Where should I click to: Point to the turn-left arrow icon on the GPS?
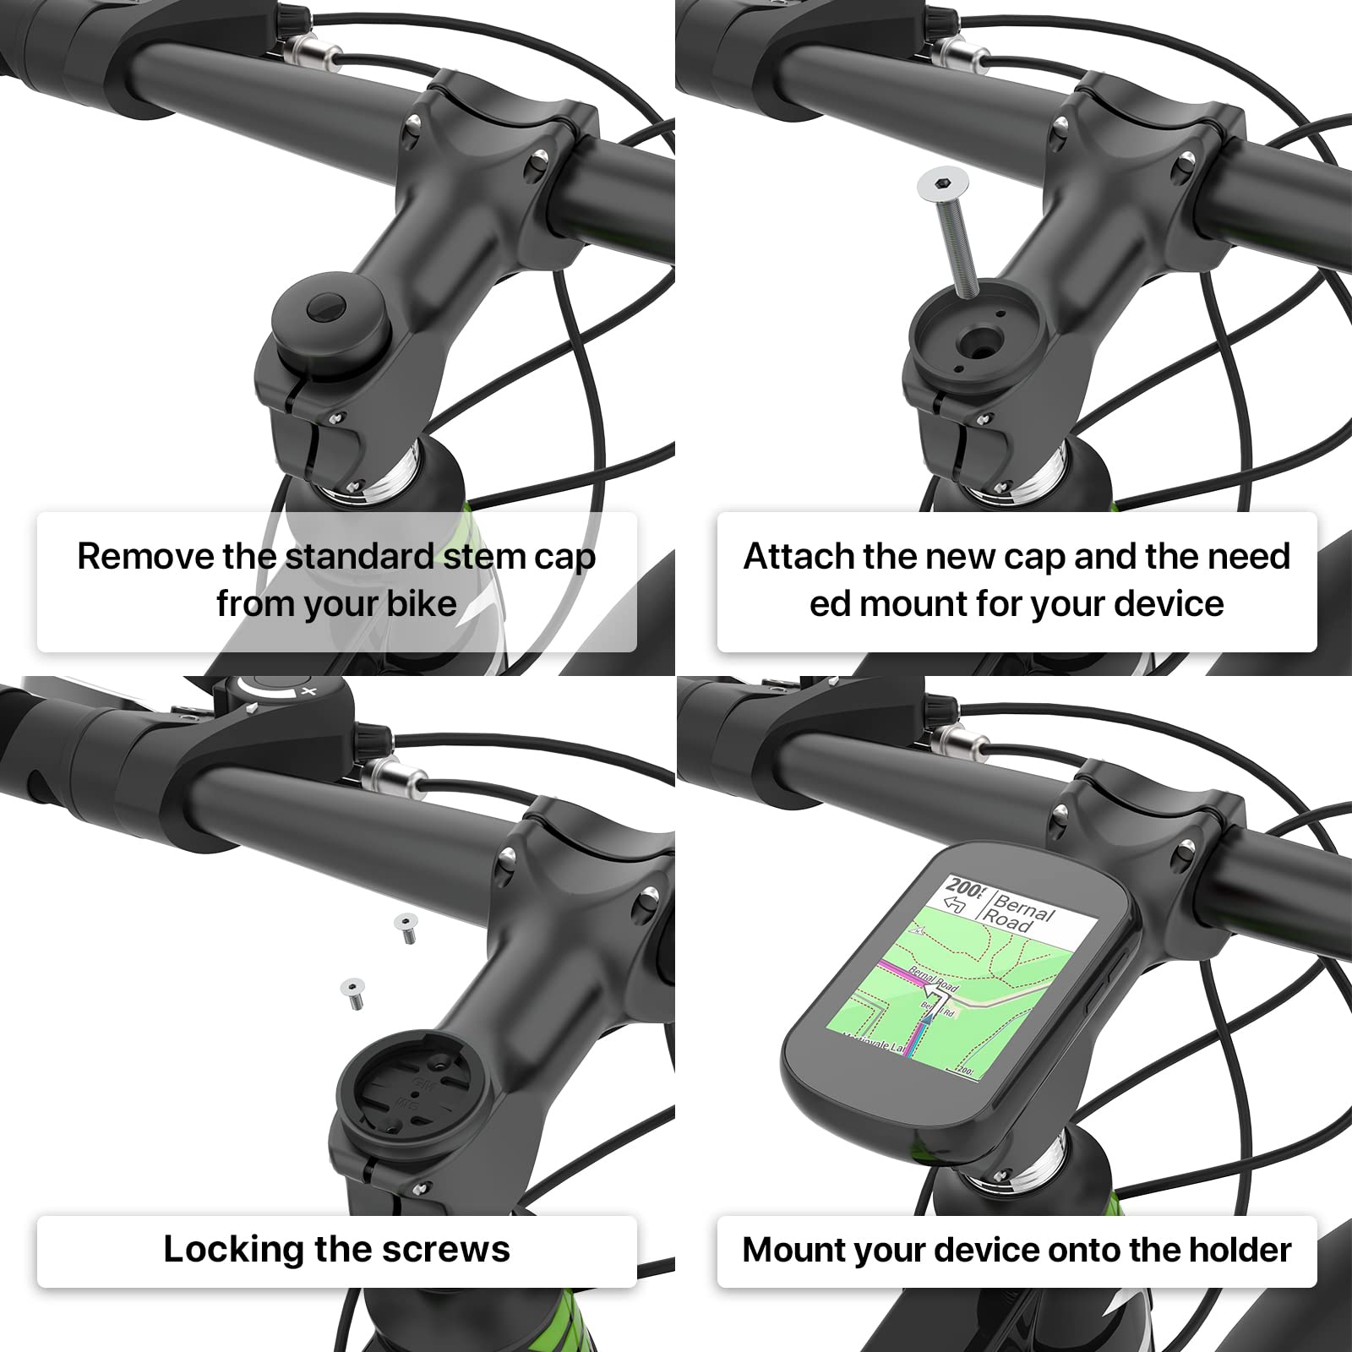click(956, 906)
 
